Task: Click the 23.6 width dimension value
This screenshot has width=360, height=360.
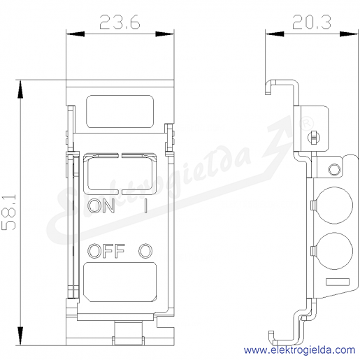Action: point(120,22)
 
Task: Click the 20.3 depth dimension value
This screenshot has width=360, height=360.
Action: point(312,22)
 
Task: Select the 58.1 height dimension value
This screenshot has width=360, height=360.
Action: point(9,212)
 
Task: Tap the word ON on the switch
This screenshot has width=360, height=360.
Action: point(101,206)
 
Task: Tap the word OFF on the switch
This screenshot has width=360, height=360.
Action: point(106,251)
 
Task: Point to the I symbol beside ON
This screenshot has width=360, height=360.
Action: point(145,206)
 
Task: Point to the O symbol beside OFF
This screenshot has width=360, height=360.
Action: point(145,251)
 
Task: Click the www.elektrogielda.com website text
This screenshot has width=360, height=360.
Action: point(300,350)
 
